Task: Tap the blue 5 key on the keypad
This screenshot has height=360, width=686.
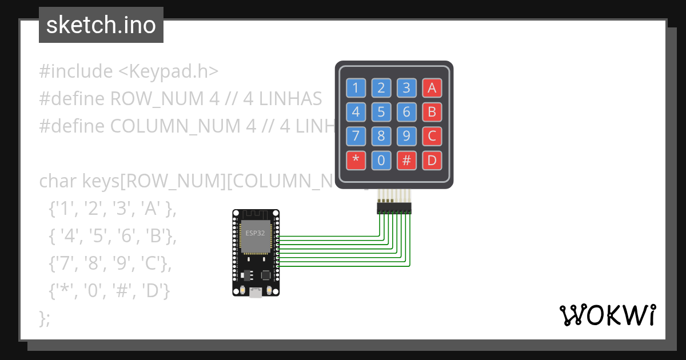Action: [381, 112]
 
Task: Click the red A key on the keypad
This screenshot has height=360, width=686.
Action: [432, 88]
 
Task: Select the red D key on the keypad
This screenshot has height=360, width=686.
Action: [432, 161]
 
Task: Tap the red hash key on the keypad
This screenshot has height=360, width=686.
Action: [406, 161]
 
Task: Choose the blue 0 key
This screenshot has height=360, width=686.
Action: [381, 161]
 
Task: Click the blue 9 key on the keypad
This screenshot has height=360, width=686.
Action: [406, 137]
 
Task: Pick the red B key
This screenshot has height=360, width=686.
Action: [432, 112]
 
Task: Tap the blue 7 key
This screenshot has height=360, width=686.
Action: [356, 137]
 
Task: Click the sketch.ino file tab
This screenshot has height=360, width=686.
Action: [101, 25]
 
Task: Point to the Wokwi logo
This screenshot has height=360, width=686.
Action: [607, 315]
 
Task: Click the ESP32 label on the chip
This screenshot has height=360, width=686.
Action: [255, 233]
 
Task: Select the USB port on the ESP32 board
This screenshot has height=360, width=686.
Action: [256, 293]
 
